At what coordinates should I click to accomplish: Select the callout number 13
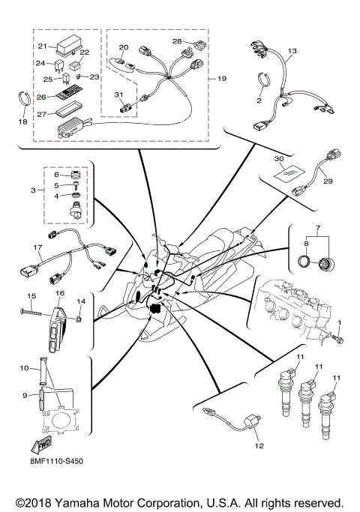[292, 50]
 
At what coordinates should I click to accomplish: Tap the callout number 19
[221, 78]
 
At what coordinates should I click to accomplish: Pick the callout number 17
[37, 247]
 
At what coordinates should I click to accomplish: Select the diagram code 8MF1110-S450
[57, 461]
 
